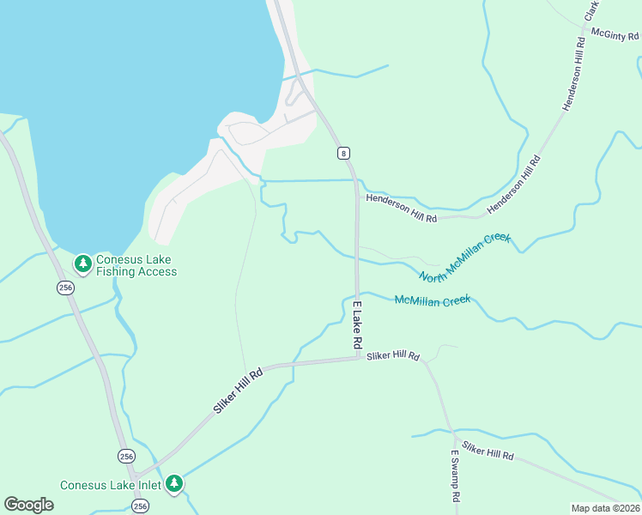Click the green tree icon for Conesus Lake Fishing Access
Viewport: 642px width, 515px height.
(x=82, y=264)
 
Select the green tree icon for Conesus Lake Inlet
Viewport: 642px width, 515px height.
(x=174, y=485)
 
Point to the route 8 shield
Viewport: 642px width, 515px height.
(x=343, y=153)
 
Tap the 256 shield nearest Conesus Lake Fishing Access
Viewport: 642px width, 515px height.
(x=66, y=288)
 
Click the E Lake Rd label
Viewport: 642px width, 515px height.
(x=357, y=324)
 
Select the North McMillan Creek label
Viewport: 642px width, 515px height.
(x=464, y=256)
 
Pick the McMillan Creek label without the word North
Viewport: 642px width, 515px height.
(x=432, y=300)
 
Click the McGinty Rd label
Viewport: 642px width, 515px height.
(x=615, y=34)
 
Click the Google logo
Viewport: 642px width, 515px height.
(x=28, y=505)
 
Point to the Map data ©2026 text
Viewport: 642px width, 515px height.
(x=605, y=508)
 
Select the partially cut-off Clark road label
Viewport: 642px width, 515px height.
(x=591, y=10)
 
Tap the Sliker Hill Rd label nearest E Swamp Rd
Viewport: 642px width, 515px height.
(x=487, y=451)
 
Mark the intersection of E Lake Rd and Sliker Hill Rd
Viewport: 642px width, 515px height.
(x=358, y=359)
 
